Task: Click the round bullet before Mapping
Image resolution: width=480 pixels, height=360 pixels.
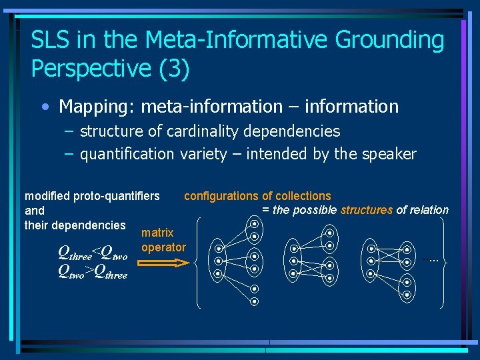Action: pyautogui.click(x=44, y=107)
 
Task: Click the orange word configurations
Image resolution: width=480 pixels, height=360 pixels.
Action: pyautogui.click(x=221, y=196)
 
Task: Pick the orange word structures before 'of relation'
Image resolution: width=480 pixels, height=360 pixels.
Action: pyautogui.click(x=367, y=210)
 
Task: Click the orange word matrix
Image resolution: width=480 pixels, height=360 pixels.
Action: pyautogui.click(x=157, y=233)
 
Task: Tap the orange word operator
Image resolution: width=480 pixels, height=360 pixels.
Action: pyautogui.click(x=163, y=247)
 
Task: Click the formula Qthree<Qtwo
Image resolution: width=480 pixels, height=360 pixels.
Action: pyautogui.click(x=93, y=253)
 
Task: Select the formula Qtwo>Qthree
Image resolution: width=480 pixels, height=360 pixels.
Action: pyautogui.click(x=93, y=272)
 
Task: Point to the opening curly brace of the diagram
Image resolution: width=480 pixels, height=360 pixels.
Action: pyautogui.click(x=201, y=263)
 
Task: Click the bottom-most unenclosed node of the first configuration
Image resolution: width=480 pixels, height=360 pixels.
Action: pyautogui.click(x=255, y=301)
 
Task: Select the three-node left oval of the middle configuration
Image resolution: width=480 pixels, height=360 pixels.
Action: pyautogui.click(x=293, y=261)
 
